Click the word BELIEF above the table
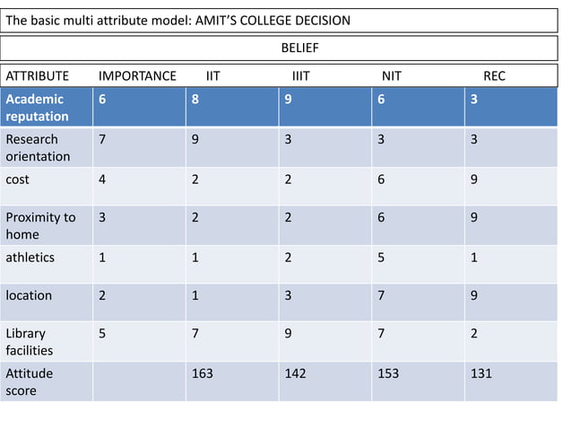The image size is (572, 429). [x=300, y=47]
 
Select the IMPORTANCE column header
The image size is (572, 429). [x=137, y=76]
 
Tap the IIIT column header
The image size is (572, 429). [x=300, y=76]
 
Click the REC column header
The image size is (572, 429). [x=494, y=76]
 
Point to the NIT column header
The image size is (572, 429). [x=391, y=76]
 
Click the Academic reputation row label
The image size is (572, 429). [x=37, y=108]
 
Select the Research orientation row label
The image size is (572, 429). [x=38, y=147]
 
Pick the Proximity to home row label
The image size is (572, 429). [x=40, y=225]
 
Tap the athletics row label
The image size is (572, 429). [x=30, y=257]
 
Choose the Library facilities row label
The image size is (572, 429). [x=30, y=341]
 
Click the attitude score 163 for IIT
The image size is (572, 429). [x=202, y=373]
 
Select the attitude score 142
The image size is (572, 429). [x=295, y=373]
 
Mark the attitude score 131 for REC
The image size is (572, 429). [x=481, y=373]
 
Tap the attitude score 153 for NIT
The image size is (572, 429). [x=388, y=373]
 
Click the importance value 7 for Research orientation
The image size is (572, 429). [x=102, y=139]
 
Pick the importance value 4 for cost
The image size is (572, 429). [x=102, y=179]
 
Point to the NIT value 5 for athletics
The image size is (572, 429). [x=381, y=257]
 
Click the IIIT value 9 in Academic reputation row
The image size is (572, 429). [x=288, y=100]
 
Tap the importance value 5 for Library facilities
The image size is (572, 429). [x=102, y=333]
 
